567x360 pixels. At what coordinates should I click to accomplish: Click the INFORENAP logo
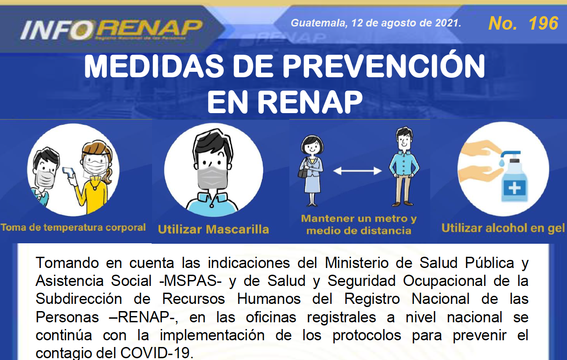tap(112, 30)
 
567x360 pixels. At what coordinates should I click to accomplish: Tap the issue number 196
tap(543, 23)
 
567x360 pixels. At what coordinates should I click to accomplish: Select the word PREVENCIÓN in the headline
tap(384, 66)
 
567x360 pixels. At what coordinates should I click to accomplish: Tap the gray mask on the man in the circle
tap(212, 178)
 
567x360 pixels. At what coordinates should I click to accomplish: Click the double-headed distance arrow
tap(357, 171)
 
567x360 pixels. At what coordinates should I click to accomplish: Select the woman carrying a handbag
tap(311, 171)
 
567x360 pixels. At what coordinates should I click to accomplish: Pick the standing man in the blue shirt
tap(404, 166)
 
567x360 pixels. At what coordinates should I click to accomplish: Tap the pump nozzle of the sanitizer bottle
tap(509, 154)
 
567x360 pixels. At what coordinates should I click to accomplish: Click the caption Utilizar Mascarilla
tap(213, 229)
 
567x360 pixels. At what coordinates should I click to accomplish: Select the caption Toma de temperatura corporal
tap(73, 227)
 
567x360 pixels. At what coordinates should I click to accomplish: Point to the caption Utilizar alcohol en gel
tap(503, 228)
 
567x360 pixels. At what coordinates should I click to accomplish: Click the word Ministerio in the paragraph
tap(357, 263)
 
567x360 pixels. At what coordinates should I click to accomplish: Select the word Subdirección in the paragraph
tap(79, 299)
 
